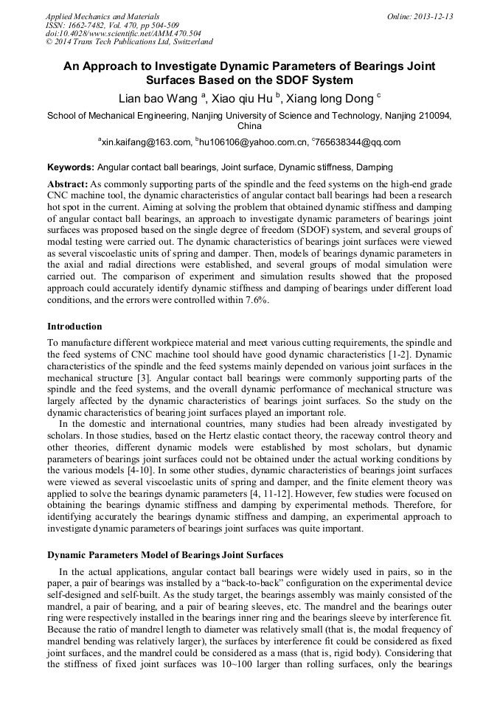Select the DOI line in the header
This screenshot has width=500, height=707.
pyautogui.click(x=123, y=33)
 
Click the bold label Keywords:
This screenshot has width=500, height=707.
pyautogui.click(x=71, y=167)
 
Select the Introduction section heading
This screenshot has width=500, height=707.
pyautogui.click(x=74, y=326)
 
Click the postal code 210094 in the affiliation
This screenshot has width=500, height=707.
pyautogui.click(x=434, y=116)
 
